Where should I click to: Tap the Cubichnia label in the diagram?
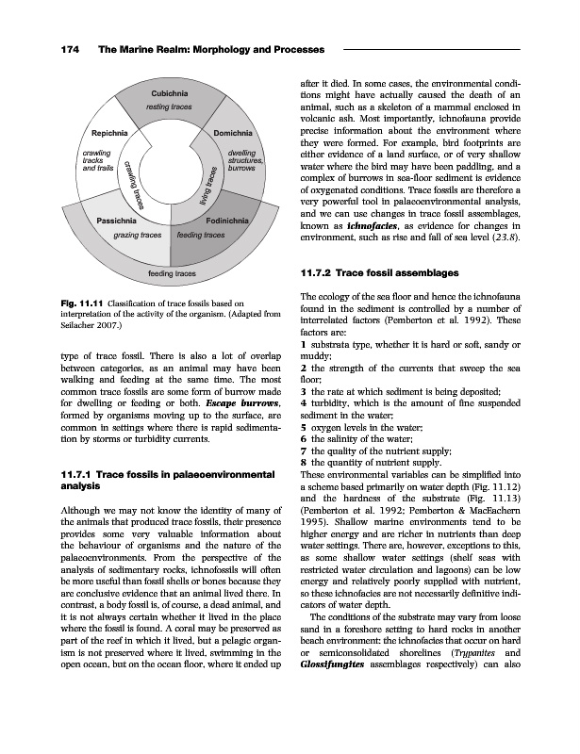click(x=170, y=93)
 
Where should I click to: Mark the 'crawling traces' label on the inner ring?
click(x=131, y=187)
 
